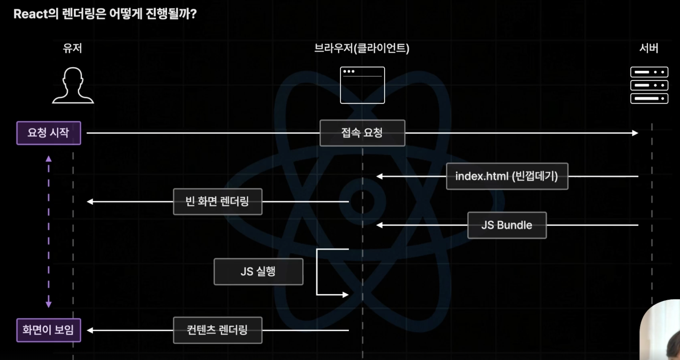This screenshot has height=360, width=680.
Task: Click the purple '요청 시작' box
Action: pos(49,133)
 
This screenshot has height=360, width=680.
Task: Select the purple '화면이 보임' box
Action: pos(49,330)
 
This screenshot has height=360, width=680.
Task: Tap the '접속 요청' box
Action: pos(362,133)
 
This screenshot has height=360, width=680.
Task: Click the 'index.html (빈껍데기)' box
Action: pos(507,176)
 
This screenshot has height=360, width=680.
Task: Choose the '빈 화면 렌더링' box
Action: pos(217,202)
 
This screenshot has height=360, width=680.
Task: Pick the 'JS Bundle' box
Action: pos(507,225)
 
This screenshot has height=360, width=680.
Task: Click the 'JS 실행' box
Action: pos(258,272)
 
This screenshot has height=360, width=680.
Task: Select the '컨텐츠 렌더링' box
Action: pos(217,330)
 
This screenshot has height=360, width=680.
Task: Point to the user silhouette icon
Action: pos(73,85)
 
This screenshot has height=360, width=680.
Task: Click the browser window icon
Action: pos(362,85)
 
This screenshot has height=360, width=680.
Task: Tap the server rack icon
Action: pos(649,85)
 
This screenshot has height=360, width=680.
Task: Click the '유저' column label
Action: pos(72,48)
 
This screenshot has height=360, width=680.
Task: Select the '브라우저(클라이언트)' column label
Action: pos(361,48)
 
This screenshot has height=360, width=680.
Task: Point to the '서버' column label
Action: pos(648,48)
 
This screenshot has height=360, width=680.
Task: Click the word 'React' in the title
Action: pos(30,14)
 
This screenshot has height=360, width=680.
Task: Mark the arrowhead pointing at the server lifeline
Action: pos(635,133)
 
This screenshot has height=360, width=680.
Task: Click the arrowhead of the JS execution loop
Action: pos(345,295)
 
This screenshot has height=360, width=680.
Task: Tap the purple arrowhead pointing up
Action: pos(49,159)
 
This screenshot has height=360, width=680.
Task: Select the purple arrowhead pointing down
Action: pos(49,304)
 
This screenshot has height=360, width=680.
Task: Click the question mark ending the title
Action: pos(193,14)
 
